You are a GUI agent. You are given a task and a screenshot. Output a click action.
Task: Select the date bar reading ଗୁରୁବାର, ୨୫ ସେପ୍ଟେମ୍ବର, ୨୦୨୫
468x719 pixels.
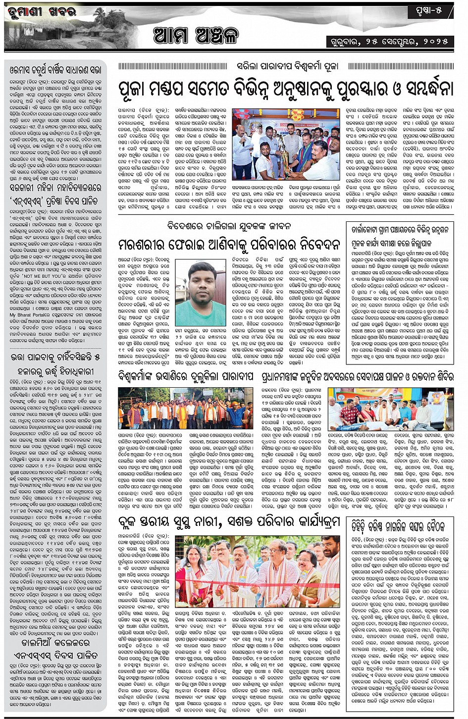coord(390,41)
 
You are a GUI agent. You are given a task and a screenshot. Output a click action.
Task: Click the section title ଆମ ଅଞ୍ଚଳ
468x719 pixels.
coord(196,36)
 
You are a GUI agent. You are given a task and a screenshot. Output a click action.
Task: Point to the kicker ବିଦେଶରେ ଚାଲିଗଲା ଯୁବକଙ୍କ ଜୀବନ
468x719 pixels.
coord(229,226)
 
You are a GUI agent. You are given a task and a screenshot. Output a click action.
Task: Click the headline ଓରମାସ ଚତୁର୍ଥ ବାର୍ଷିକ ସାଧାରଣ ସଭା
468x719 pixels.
coord(55,70)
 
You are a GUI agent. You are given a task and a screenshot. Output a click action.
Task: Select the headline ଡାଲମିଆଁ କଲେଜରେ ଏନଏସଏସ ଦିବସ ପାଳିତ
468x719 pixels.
coord(55,649)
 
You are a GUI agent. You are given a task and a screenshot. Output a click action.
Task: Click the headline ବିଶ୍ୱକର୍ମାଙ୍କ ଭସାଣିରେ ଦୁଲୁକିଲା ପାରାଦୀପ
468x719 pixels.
coord(186,377)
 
